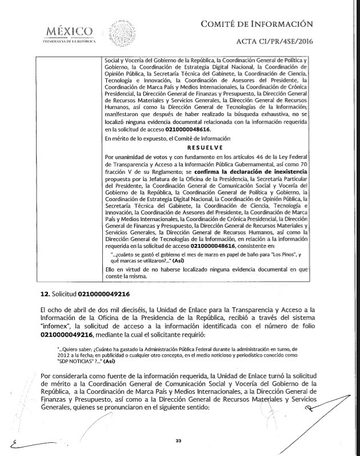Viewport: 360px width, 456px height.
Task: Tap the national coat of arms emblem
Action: coord(121,32)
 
